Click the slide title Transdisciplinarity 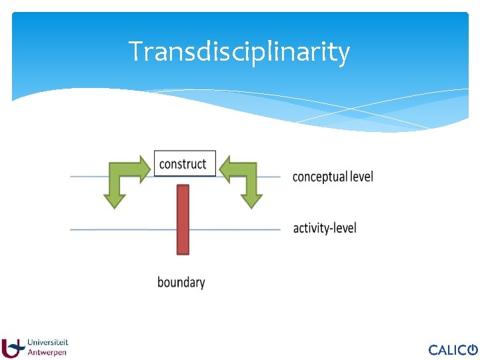pos(239,51)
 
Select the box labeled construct pos(185,163)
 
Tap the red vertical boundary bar pos(183,219)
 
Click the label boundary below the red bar pos(181,282)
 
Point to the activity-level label pos(325,228)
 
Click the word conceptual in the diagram pos(320,177)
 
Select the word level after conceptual pos(362,177)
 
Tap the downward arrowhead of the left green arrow pos(115,198)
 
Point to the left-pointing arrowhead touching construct pos(225,169)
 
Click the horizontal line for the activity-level pos(120,229)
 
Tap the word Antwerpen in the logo pos(47,353)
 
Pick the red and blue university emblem pos(12,348)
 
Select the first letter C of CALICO pos(433,350)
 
